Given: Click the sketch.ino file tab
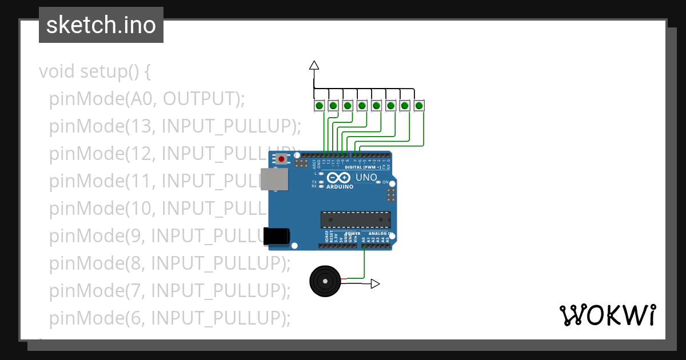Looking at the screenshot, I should click(101, 25).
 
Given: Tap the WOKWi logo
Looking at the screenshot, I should click(607, 315).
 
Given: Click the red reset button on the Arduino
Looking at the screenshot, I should click(281, 159).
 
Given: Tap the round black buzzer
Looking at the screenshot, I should click(325, 281).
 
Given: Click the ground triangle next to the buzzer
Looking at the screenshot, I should click(375, 283).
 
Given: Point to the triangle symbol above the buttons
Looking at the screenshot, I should click(314, 65).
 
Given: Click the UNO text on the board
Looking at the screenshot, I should click(366, 178).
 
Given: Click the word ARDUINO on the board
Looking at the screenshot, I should click(340, 187).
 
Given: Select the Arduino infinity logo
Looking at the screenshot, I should click(340, 178).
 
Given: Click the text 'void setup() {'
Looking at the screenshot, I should click(95, 72).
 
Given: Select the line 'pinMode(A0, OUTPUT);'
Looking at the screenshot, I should click(147, 99).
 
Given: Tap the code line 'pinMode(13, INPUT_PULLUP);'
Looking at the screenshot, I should click(174, 126).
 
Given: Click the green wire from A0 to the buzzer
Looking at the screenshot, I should click(364, 263).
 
